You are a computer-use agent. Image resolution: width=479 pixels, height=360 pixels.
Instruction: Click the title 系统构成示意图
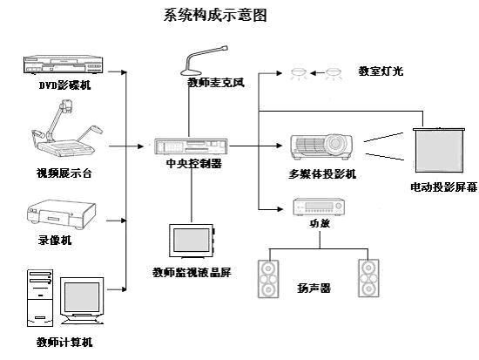tap(215, 15)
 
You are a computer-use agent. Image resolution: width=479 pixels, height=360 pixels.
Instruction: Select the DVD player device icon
tap(63, 65)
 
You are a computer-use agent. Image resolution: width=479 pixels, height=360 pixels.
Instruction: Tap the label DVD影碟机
tap(64, 85)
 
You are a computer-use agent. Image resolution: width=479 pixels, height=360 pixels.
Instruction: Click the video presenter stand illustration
tap(67, 127)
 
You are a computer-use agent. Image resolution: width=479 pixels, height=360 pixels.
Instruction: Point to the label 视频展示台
tap(64, 173)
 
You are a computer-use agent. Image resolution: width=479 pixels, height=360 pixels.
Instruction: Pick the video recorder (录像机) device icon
tap(62, 214)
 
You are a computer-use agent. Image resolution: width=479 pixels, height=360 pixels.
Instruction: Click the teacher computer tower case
tap(40, 298)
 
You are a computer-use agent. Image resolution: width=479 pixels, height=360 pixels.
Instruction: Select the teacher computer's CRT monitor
tap(82, 301)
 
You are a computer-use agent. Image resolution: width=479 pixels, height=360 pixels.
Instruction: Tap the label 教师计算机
tap(64, 342)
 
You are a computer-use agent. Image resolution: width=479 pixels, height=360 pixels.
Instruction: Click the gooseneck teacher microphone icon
tap(204, 61)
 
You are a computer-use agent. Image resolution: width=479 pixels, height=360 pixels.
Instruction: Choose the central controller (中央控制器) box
tap(192, 146)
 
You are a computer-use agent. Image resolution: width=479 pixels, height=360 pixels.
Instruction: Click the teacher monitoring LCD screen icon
tap(192, 241)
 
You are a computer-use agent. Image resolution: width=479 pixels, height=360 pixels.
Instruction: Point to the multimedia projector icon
tap(321, 147)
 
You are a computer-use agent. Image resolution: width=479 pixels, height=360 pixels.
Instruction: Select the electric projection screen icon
tap(439, 150)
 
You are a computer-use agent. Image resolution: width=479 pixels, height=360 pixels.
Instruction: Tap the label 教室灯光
tap(381, 71)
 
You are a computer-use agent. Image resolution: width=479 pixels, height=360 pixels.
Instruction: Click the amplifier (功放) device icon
tap(319, 207)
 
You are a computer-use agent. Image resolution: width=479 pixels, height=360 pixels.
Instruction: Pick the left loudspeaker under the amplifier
tap(268, 279)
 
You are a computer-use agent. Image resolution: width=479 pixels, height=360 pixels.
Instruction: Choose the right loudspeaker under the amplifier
tap(368, 278)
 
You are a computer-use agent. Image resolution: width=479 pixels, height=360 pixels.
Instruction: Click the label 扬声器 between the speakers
tap(314, 289)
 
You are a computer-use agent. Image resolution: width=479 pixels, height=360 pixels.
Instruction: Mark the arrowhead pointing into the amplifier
tap(280, 209)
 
